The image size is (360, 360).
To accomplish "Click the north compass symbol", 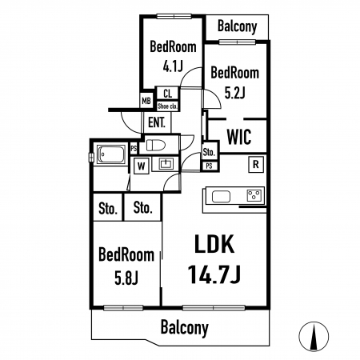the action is click(314, 336).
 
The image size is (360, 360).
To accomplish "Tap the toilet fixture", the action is click(156, 146).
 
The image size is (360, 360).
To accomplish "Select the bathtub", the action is click(111, 154).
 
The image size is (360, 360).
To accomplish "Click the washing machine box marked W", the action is click(141, 166).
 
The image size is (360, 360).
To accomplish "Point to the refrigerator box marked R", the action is click(256, 164).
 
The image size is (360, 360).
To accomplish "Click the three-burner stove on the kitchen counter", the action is click(254, 196).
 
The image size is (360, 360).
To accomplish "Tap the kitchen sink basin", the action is click(221, 197).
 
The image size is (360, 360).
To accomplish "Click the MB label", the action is click(146, 101).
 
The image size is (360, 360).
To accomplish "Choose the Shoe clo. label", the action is click(167, 106).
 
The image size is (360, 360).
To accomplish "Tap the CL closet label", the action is click(168, 94).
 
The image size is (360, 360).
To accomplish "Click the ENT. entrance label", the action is click(157, 123).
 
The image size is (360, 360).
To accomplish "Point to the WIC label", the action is click(239, 137).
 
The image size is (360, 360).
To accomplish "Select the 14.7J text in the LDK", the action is click(214, 274).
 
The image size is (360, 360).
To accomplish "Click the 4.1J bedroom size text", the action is click(173, 66).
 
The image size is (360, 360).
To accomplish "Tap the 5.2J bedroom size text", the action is click(234, 93).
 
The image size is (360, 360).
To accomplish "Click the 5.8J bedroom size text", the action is click(126, 278).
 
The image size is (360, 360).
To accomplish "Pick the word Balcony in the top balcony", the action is click(238, 26).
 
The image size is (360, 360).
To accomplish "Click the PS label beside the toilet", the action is click(134, 149).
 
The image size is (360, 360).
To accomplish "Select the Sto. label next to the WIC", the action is click(209, 152).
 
